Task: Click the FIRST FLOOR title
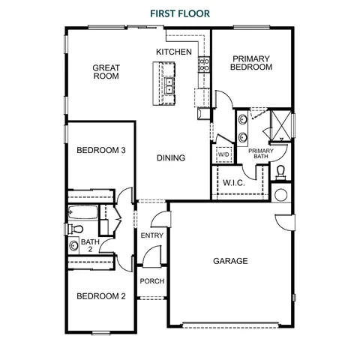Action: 180,13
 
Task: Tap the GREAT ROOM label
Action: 106,72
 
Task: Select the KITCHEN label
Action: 174,52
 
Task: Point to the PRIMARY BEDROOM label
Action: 251,63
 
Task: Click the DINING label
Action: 171,157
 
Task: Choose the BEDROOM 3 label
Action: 101,150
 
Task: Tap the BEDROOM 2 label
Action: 101,296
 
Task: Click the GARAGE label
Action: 230,261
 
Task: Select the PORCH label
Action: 152,281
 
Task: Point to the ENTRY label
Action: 152,235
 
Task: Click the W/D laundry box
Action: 223,154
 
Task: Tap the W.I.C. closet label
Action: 234,183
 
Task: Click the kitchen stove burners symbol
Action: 204,64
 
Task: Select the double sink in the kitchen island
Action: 169,85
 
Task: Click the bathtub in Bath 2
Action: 83,212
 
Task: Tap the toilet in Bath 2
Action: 76,229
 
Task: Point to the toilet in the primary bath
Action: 280,172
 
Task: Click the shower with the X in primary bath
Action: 281,125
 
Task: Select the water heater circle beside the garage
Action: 281,195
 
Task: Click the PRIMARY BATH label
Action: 261,154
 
